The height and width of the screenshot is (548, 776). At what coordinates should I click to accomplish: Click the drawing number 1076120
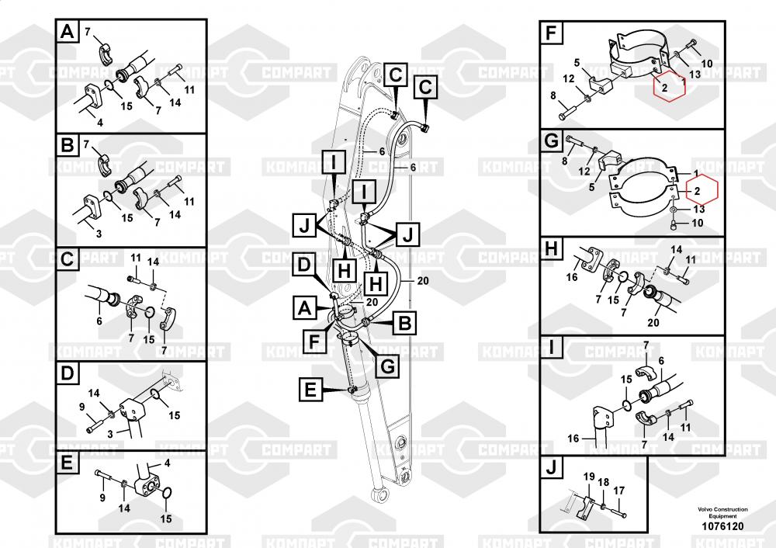pyautogui.click(x=722, y=527)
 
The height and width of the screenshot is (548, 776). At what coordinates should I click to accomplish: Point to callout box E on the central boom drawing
pyautogui.click(x=310, y=393)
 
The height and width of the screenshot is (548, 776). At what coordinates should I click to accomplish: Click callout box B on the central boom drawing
pyautogui.click(x=404, y=320)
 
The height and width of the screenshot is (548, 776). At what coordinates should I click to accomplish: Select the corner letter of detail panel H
pyautogui.click(x=550, y=250)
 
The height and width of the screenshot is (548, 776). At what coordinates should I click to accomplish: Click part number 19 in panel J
pyautogui.click(x=588, y=476)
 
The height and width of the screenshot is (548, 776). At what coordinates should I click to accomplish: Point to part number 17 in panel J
pyautogui.click(x=618, y=491)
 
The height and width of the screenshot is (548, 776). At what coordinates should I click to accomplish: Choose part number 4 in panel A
pyautogui.click(x=99, y=122)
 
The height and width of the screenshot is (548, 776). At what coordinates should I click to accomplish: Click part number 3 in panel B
pyautogui.click(x=98, y=233)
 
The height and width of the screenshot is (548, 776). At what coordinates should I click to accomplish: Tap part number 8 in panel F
pyautogui.click(x=553, y=95)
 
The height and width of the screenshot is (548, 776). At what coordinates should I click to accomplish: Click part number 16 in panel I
pyautogui.click(x=573, y=439)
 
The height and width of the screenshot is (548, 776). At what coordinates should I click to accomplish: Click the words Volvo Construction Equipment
pyautogui.click(x=722, y=512)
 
